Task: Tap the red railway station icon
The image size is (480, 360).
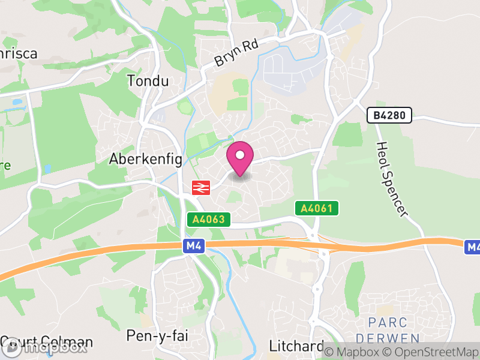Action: click(x=200, y=188)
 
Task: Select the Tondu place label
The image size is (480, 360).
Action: click(x=148, y=81)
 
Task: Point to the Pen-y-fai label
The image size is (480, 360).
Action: click(x=153, y=335)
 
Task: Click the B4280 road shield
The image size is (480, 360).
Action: click(x=389, y=115)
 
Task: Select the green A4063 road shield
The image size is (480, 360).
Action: click(x=209, y=220)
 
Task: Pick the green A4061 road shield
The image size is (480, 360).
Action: click(x=317, y=208)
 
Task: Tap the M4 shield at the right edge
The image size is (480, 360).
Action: click(x=473, y=247)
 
